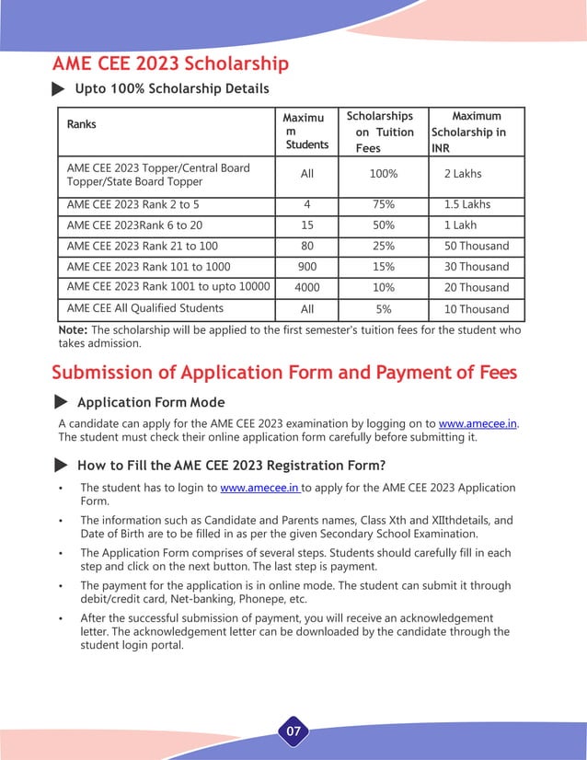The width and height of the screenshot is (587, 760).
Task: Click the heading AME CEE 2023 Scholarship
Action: pyautogui.click(x=170, y=63)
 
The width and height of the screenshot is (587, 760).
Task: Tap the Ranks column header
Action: pyautogui.click(x=82, y=124)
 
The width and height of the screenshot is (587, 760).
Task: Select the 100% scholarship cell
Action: pyautogui.click(x=383, y=174)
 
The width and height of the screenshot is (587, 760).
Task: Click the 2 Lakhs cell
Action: pyautogui.click(x=462, y=174)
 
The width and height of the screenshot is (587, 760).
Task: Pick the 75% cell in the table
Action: pyautogui.click(x=383, y=204)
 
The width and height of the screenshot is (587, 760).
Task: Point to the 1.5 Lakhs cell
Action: pyautogui.click(x=467, y=204)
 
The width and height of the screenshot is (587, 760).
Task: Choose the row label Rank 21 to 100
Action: pyautogui.click(x=142, y=246)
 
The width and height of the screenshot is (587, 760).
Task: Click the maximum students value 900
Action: pyautogui.click(x=306, y=267)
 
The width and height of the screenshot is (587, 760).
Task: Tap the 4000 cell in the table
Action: pyautogui.click(x=306, y=288)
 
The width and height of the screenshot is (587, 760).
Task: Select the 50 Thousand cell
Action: pyautogui.click(x=476, y=246)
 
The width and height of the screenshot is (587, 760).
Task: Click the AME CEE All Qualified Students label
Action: pyautogui.click(x=145, y=308)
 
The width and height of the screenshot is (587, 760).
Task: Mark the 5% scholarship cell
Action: pyautogui.click(x=383, y=309)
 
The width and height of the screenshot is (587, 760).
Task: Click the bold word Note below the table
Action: pyautogui.click(x=73, y=329)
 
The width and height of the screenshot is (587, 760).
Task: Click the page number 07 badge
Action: pyautogui.click(x=293, y=732)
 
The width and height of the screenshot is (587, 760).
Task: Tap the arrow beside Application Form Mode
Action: pyautogui.click(x=61, y=403)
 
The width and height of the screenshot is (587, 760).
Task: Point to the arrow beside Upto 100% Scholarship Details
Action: pyautogui.click(x=58, y=89)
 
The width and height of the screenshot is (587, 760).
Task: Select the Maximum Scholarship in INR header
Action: pyautogui.click(x=476, y=132)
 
